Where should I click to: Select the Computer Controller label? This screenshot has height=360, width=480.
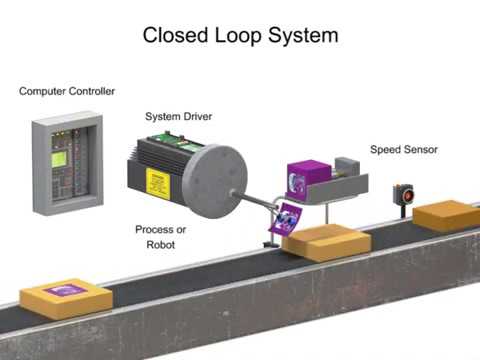coord(67,91)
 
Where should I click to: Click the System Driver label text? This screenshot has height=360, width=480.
coord(178,116)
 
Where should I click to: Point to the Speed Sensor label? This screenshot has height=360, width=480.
coord(403,150)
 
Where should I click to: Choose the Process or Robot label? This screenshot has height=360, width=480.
coord(161,236)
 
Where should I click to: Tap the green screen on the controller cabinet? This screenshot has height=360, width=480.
coord(60,159)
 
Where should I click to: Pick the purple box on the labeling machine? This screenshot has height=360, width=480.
coord(308,178)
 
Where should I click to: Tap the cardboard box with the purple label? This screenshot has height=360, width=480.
coord(67,297)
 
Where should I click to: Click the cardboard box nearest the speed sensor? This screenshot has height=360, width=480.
coord(445,214)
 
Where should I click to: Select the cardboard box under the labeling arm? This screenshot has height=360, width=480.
coord(326,242)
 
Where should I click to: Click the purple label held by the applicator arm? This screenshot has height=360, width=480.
coord(289,217)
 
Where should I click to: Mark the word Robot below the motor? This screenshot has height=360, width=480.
coord(161,244)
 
